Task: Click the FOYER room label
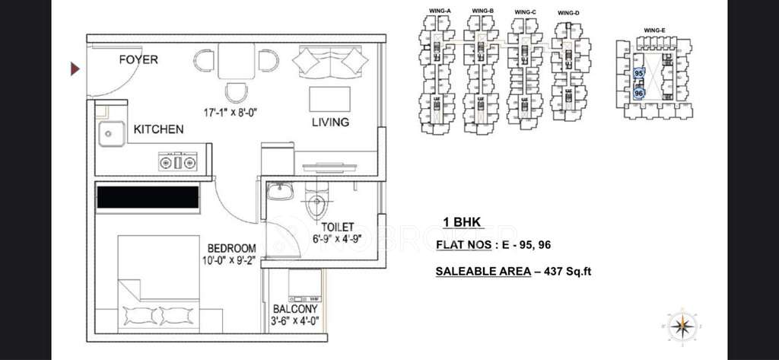click(138, 59)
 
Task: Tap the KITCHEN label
click(158, 129)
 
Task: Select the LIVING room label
click(329, 122)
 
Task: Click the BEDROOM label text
click(231, 248)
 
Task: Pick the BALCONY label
click(294, 309)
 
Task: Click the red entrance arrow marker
click(75, 69)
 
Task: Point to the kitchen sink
click(110, 133)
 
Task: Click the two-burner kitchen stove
click(178, 161)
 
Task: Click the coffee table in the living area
click(329, 99)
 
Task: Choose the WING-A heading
click(440, 10)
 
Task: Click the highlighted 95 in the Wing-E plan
click(638, 74)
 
